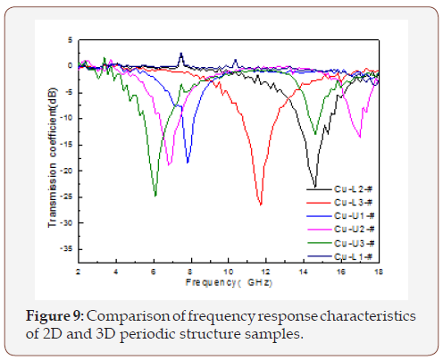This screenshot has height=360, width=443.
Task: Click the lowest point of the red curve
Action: (260, 205)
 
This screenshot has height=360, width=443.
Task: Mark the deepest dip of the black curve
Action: (314, 186)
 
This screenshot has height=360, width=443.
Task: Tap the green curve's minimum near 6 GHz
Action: (155, 196)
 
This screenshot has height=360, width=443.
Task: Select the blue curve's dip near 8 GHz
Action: (188, 162)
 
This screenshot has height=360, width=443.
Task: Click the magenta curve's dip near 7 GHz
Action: (169, 165)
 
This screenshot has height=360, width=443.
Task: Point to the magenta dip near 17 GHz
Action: (360, 137)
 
